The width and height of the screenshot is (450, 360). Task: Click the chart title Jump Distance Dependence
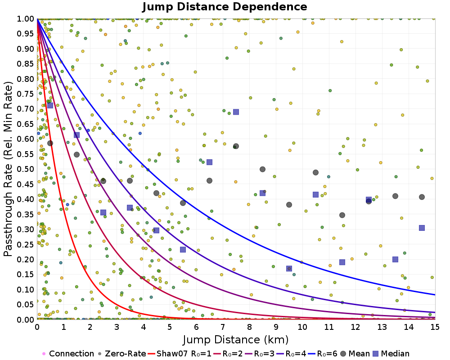[225, 7]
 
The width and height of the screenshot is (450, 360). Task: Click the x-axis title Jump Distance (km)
[236, 340]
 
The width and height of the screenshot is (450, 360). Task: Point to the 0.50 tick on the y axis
[26, 169]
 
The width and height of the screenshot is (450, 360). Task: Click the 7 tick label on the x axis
[223, 327]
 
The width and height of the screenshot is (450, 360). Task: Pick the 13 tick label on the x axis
[382, 327]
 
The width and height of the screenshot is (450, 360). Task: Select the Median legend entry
[391, 354]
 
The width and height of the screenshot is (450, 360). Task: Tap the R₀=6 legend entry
[323, 354]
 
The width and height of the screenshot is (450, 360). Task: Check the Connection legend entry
[68, 354]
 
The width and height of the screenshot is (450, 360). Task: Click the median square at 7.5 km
[236, 112]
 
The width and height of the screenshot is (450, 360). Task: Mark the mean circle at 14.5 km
[422, 197]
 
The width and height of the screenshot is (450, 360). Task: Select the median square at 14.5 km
[422, 228]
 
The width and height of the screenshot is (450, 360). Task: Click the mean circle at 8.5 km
[262, 169]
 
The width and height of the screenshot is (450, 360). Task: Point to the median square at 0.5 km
[50, 105]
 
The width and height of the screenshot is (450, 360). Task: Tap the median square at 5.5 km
[183, 250]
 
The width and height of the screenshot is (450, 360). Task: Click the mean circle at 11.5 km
[342, 215]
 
